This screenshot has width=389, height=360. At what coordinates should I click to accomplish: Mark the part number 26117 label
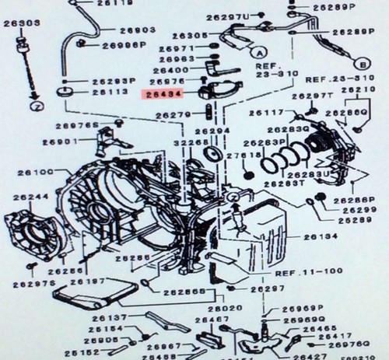265,114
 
